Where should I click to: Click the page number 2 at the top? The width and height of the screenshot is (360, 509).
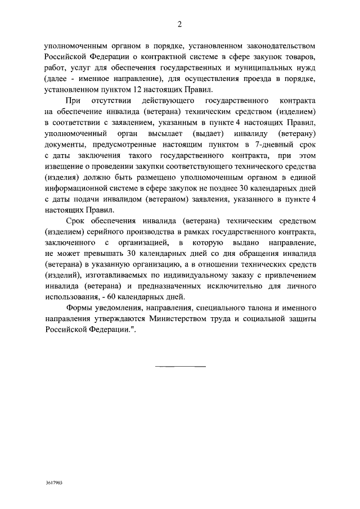coord(179,24)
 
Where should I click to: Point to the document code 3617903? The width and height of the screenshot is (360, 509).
coord(55,483)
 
